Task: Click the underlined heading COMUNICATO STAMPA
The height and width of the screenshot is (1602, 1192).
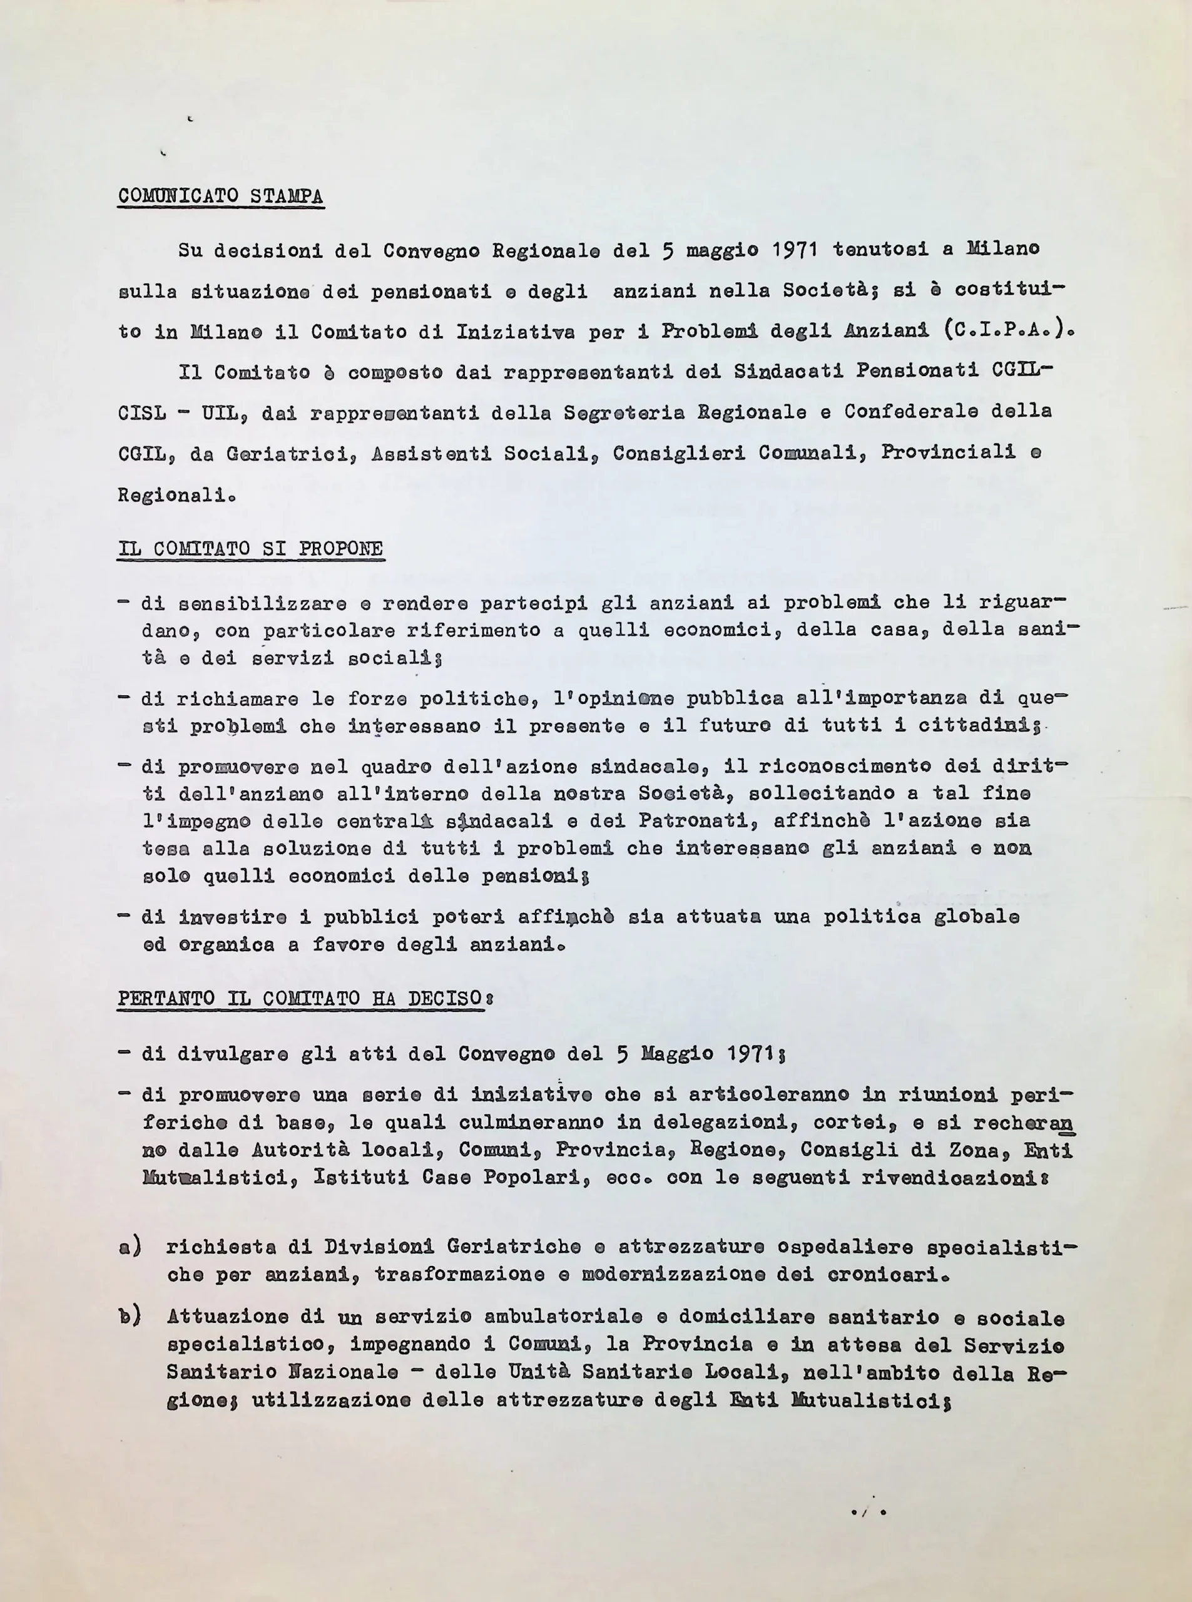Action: (x=221, y=196)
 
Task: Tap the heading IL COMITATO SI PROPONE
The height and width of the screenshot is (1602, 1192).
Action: (x=250, y=548)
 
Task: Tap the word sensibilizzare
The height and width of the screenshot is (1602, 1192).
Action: (x=262, y=603)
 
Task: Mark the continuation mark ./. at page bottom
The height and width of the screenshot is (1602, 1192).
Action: (x=867, y=1511)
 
